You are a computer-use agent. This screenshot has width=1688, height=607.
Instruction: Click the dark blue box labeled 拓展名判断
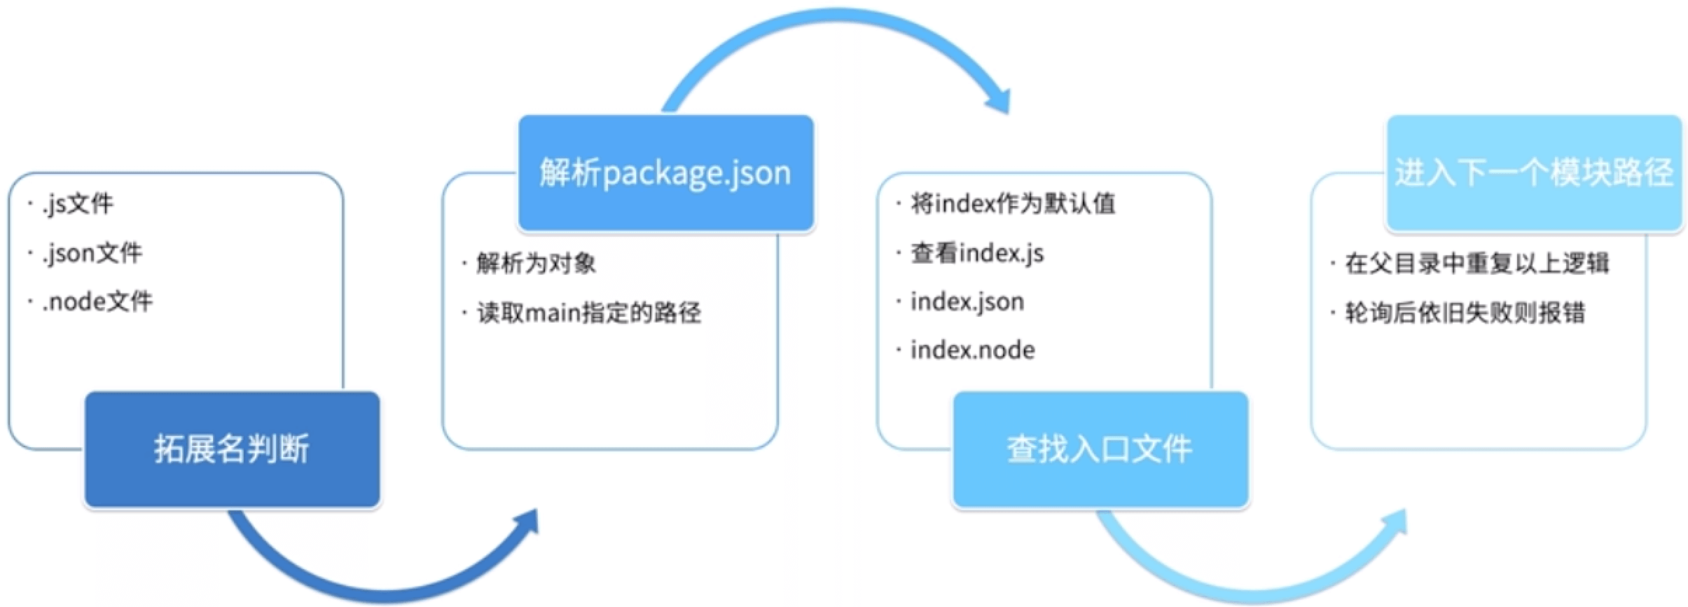[x=232, y=449]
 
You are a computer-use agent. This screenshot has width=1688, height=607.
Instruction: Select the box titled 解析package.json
[x=665, y=172]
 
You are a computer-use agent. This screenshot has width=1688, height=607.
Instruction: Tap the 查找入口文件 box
[x=1100, y=449]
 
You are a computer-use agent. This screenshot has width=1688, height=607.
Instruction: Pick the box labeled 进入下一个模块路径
[x=1534, y=172]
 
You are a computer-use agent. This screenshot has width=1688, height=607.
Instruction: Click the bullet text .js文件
[x=77, y=204]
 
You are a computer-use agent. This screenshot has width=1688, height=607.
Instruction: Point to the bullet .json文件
[x=92, y=253]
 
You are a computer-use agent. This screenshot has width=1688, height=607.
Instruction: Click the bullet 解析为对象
[x=536, y=264]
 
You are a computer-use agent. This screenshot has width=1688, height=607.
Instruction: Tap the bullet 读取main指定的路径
[x=588, y=313]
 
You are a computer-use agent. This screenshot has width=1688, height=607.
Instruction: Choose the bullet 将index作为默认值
[x=1013, y=204]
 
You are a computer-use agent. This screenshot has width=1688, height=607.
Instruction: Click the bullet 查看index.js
[x=977, y=253]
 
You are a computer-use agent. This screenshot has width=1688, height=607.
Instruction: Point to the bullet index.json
[x=967, y=302]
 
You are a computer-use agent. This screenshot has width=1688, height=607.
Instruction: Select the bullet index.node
[x=972, y=350]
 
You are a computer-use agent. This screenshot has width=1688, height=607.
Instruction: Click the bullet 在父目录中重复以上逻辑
[x=1476, y=264]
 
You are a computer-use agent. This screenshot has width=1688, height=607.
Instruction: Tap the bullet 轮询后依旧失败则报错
[x=1465, y=313]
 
